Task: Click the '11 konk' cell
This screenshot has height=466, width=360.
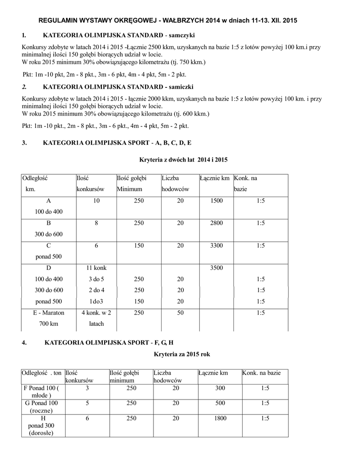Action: [x=96, y=268]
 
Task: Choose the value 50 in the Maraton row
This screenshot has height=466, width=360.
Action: [x=181, y=312]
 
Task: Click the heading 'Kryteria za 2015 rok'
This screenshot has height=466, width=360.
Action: [x=182, y=354]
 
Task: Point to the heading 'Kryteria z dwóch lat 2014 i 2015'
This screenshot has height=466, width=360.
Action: [x=183, y=160]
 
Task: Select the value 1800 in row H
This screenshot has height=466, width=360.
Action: [x=220, y=418]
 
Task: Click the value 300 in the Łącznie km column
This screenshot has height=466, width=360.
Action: [x=220, y=388]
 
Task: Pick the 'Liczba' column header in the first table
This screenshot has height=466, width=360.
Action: [x=170, y=178]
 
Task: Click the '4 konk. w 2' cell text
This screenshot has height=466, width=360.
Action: [x=96, y=312]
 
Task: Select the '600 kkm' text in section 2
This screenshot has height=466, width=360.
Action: [x=195, y=113]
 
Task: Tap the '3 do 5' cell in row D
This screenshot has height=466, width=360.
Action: [x=96, y=279]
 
